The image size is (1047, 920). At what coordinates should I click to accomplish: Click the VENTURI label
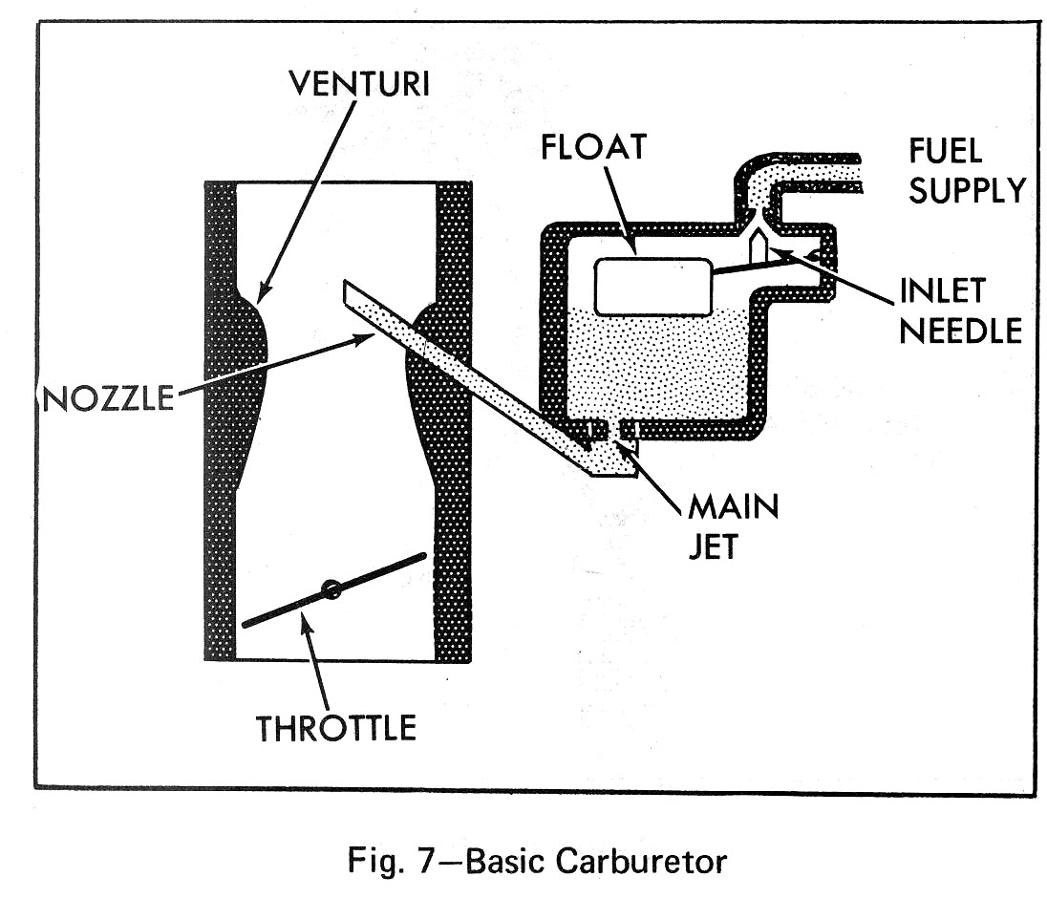pyautogui.click(x=360, y=84)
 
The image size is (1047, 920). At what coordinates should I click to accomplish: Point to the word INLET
pyautogui.click(x=942, y=291)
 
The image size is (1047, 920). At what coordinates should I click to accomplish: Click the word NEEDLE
pyautogui.click(x=961, y=330)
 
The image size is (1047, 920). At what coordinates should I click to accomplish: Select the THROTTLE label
pyautogui.click(x=336, y=728)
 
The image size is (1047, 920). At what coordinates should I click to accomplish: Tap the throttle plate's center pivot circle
pyautogui.click(x=331, y=589)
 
